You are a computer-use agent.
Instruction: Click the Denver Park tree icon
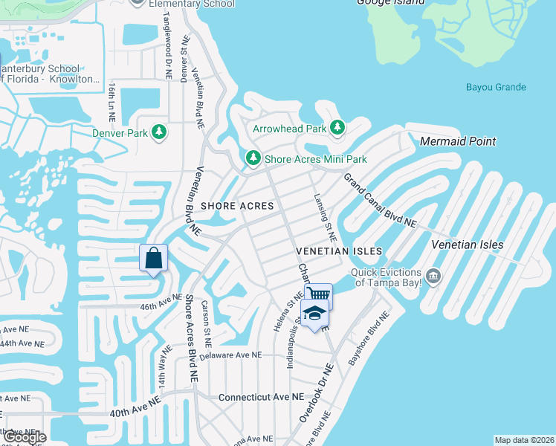pos(158,133)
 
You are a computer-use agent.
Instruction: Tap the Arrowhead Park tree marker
pos(337,128)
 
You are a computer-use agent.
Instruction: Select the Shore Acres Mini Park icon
pos(253,158)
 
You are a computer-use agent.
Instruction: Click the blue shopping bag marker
pos(153,259)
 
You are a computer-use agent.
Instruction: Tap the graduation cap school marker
pos(315,314)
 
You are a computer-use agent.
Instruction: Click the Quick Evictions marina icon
pos(434,277)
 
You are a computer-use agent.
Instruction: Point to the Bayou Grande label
pos(496,88)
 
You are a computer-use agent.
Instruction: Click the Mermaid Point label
pos(458,141)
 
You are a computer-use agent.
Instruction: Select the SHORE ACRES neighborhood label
pos(236,205)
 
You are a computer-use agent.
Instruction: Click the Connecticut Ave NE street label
pos(261,398)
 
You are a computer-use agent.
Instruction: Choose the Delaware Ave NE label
pos(231,355)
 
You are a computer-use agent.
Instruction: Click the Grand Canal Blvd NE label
pos(380,201)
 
